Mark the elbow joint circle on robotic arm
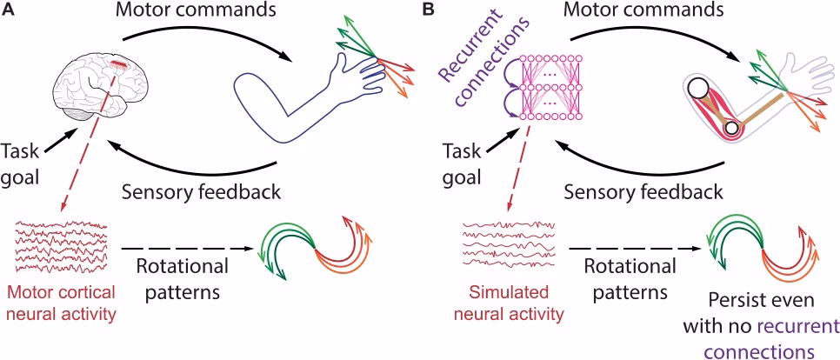[731, 129]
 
